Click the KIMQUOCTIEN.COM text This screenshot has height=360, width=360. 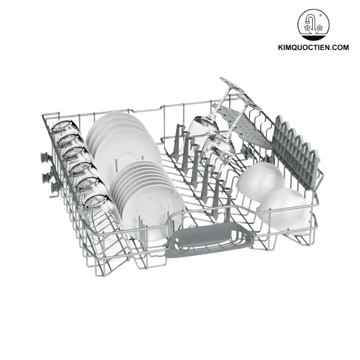[x=314, y=48]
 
